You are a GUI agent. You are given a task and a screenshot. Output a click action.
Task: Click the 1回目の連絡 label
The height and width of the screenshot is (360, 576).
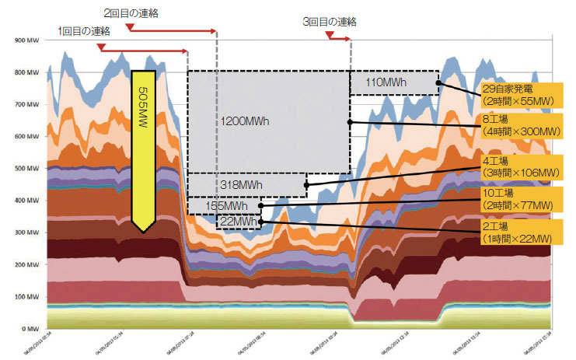pyautogui.click(x=84, y=30)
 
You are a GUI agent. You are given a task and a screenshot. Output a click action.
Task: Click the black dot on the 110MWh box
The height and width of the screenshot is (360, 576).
pyautogui.click(x=438, y=82)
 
